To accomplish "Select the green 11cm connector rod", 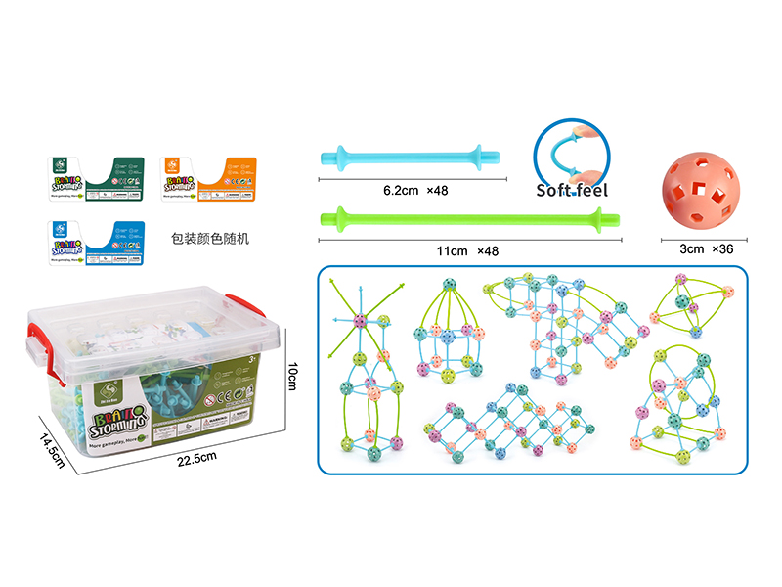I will point(469,214).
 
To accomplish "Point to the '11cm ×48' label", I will point(467,250).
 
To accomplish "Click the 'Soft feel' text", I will point(572,190).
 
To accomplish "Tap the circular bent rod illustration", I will point(571,148).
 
